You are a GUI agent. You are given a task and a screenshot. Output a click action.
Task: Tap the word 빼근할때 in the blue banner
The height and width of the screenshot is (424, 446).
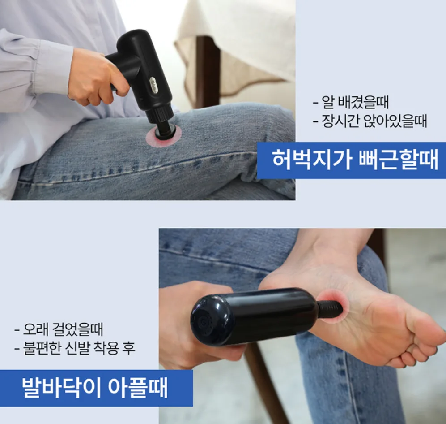(x=398, y=160)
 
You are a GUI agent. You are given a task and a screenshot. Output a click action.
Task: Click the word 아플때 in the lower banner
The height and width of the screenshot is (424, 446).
(x=138, y=387)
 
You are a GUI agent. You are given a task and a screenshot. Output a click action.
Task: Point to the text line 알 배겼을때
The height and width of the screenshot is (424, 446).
(x=355, y=102)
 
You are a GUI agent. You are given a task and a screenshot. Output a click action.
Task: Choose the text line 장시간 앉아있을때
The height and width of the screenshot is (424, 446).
(x=374, y=121)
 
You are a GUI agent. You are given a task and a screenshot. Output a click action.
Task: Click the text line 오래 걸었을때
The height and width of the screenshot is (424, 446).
(x=63, y=329)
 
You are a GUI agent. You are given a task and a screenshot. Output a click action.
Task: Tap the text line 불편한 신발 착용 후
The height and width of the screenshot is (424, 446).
(x=79, y=348)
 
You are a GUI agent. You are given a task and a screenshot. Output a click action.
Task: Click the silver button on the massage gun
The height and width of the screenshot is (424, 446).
(x=154, y=85)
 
